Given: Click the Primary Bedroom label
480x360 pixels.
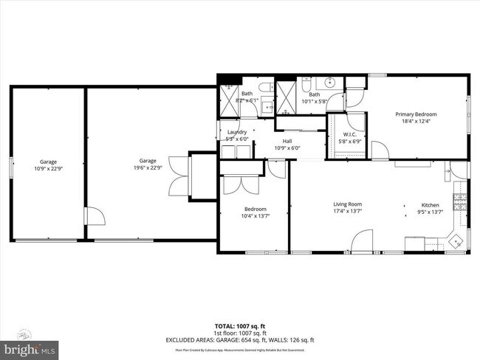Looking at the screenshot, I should [x=416, y=114].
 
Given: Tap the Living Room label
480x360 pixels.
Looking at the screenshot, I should [x=346, y=204].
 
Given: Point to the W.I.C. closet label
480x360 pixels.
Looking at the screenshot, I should [x=350, y=134].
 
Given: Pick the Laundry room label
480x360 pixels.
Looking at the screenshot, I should [x=236, y=131].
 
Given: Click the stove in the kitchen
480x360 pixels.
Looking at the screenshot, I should [x=462, y=199].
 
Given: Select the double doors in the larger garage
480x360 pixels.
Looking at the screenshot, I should [x=176, y=177].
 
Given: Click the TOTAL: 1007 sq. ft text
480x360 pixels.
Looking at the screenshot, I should [x=240, y=325].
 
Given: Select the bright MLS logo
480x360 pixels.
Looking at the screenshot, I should [x=30, y=346].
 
